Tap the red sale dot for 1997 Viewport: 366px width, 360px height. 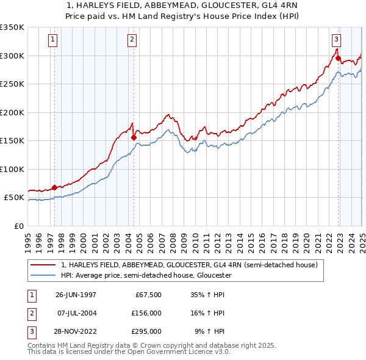pos(54,187)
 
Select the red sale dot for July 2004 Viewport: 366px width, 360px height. pos(134,138)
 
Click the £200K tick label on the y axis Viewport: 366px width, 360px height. pos(12,112)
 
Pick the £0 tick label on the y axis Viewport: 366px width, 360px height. pos(19,226)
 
